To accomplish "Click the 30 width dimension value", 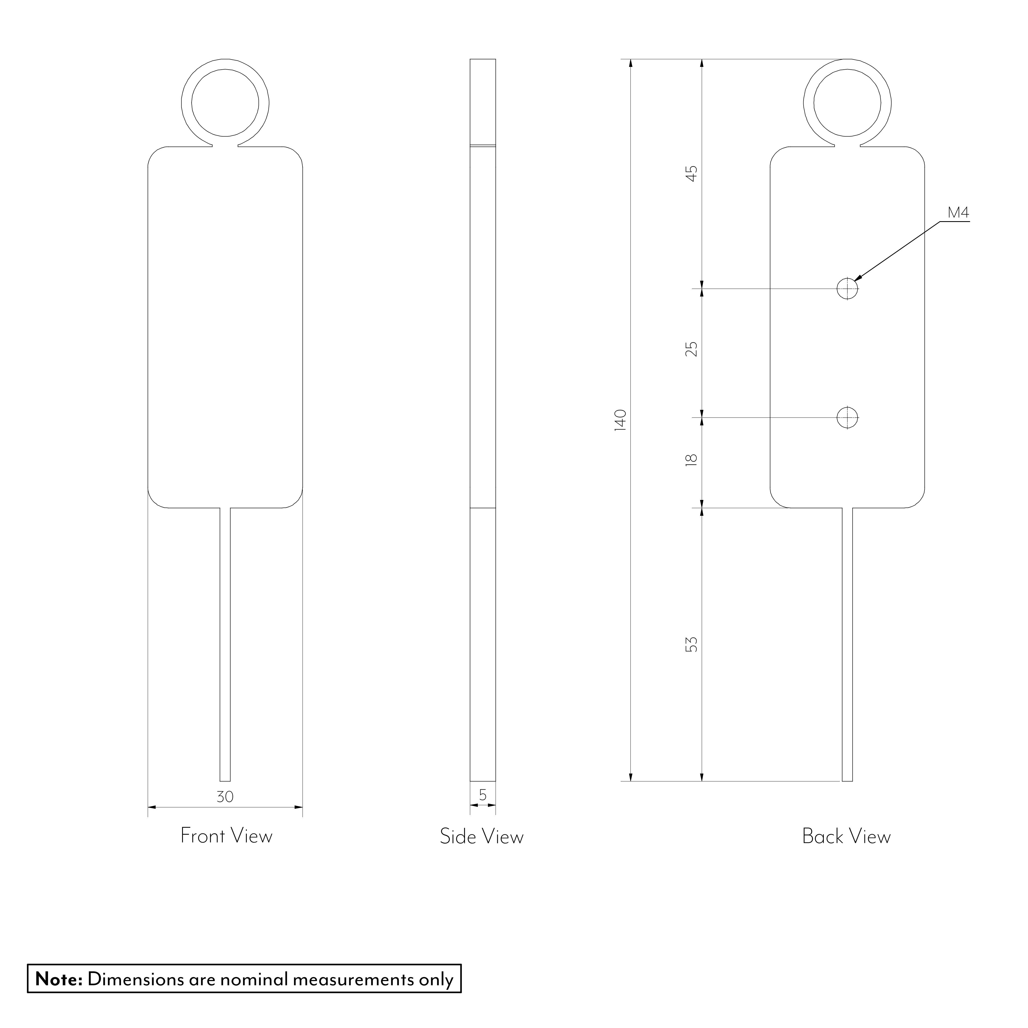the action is point(225,796).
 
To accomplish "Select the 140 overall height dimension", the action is point(620,420).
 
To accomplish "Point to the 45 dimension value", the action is point(691,173).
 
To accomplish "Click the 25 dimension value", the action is point(691,349).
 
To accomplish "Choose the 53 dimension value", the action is point(691,644).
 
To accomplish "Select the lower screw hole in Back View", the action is point(847,418).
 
